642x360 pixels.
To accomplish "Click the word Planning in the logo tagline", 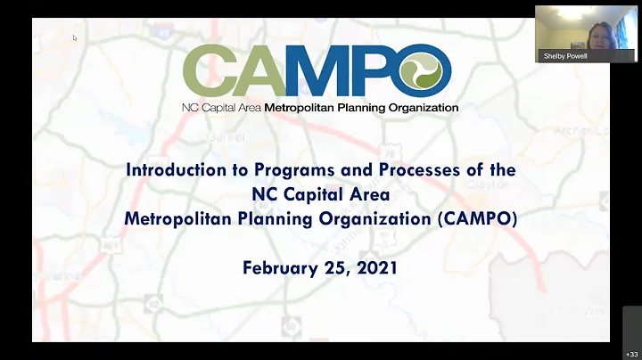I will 365,108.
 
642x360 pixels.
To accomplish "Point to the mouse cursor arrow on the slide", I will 75,37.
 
